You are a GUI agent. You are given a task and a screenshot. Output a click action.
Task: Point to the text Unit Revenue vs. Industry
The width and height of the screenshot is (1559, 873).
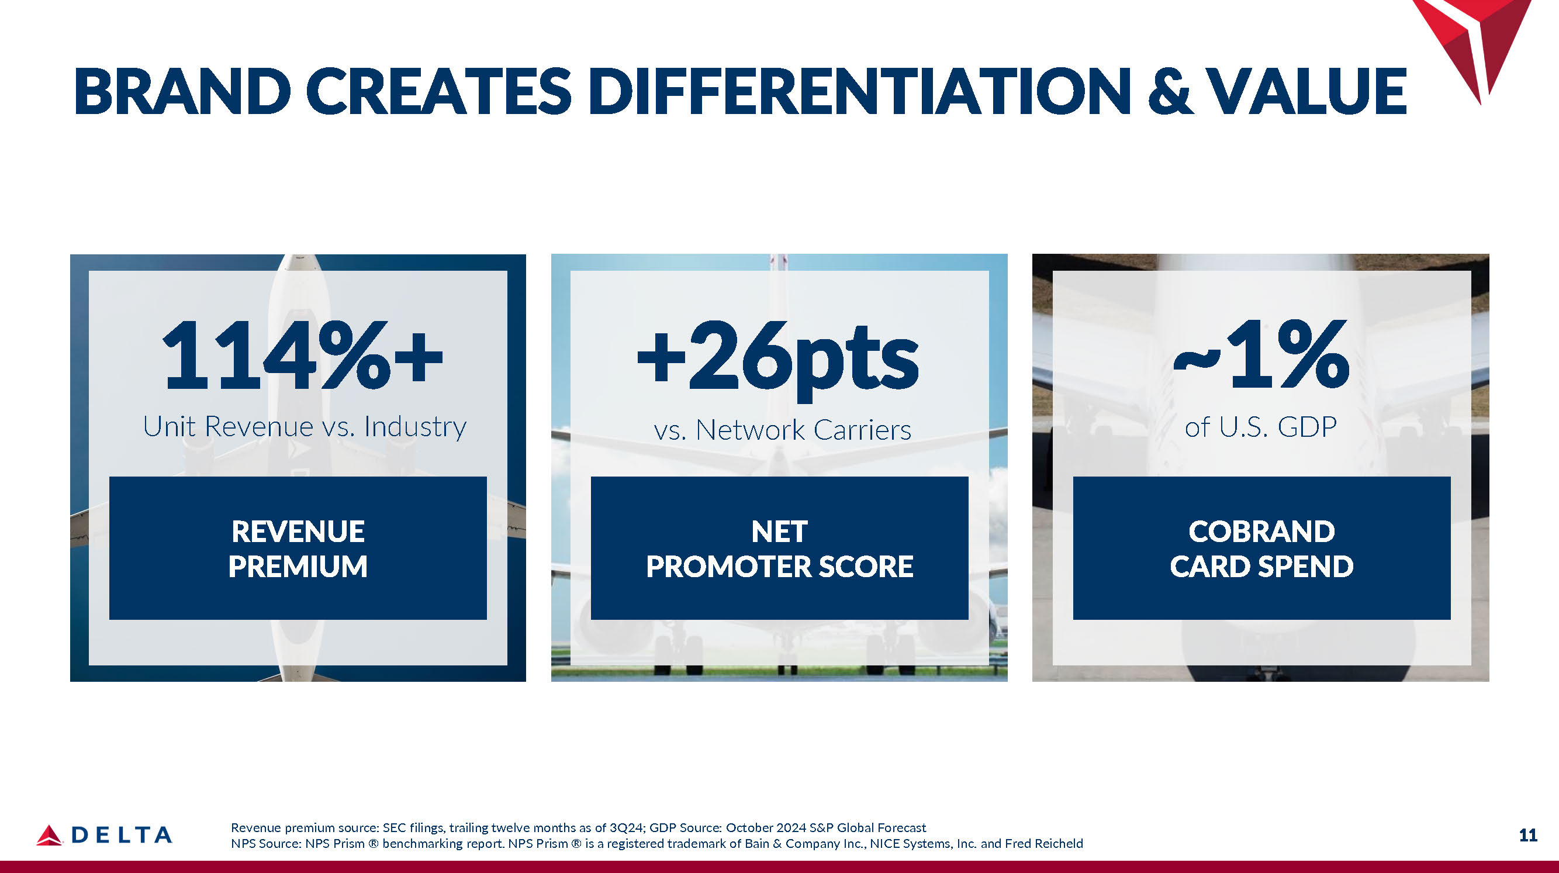pyautogui.click(x=305, y=427)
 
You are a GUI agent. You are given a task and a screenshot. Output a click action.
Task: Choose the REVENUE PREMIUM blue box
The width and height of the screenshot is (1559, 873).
pyautogui.click(x=298, y=548)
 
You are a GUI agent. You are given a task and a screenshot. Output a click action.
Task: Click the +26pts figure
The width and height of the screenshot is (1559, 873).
pyautogui.click(x=778, y=360)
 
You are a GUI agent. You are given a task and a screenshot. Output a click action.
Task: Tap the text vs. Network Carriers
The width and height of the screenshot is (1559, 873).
pyautogui.click(x=783, y=430)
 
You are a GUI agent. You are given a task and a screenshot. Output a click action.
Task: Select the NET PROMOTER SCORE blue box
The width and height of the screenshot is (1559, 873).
pyautogui.click(x=780, y=548)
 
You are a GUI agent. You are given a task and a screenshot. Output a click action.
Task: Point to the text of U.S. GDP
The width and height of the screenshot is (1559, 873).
pyautogui.click(x=1261, y=427)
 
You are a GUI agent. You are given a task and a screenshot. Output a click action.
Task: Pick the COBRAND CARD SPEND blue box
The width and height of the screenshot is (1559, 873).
pyautogui.click(x=1262, y=548)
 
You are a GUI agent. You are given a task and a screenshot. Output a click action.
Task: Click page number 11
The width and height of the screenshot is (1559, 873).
pyautogui.click(x=1528, y=836)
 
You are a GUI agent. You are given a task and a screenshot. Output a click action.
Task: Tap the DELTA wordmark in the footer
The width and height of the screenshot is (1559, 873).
pyautogui.click(x=122, y=836)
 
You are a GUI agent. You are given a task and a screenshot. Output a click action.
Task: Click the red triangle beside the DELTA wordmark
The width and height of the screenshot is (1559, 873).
pyautogui.click(x=49, y=835)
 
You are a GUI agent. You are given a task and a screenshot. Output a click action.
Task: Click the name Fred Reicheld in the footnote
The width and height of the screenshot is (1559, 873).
pyautogui.click(x=1044, y=843)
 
